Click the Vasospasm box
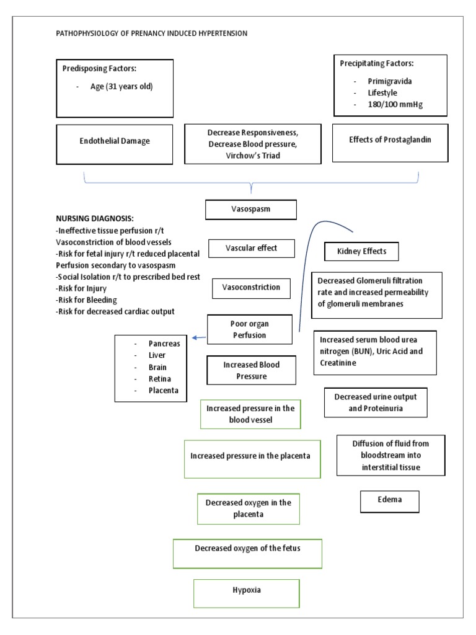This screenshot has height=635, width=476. [x=251, y=210]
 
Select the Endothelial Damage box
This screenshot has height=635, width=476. [x=115, y=141]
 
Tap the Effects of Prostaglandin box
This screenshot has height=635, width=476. [x=390, y=140]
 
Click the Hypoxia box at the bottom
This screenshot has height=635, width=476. [x=246, y=590]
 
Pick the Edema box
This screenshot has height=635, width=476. [x=389, y=500]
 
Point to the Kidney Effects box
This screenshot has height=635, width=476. [x=361, y=251]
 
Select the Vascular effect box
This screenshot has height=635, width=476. [x=251, y=249]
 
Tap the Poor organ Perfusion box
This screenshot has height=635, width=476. [x=249, y=330]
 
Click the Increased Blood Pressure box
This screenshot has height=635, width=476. [x=251, y=370]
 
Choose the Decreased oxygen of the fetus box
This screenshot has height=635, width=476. [x=247, y=549]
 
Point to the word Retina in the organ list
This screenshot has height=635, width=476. [x=160, y=379]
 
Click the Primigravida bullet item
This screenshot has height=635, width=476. [x=391, y=81]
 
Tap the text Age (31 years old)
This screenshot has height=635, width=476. [x=121, y=86]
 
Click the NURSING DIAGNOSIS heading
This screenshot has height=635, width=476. [x=94, y=220]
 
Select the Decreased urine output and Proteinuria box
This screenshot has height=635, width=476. [x=375, y=402]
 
